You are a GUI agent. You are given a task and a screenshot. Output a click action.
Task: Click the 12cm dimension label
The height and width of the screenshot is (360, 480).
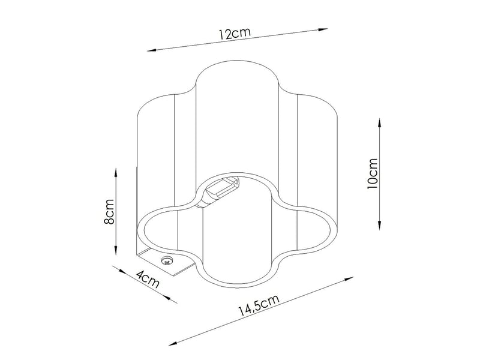(x=235, y=33)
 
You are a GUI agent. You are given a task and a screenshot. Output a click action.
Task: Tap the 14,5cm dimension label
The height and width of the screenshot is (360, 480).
(x=259, y=305)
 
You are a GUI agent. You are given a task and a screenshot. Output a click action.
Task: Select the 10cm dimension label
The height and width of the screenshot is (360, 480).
(x=373, y=173)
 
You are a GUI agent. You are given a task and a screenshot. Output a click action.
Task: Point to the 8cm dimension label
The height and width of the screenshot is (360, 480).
(x=109, y=212)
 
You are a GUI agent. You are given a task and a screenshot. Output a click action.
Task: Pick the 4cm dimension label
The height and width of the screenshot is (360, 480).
(x=148, y=279)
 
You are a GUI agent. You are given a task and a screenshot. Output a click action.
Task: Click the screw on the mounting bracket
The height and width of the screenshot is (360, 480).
(x=167, y=261)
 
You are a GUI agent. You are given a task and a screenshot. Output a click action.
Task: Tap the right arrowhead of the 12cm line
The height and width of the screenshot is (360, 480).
(x=323, y=29)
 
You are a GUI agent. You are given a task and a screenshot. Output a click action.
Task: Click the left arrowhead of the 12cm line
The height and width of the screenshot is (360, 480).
(x=152, y=50)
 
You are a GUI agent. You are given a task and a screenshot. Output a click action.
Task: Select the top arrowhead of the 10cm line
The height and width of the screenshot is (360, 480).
(x=380, y=123)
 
